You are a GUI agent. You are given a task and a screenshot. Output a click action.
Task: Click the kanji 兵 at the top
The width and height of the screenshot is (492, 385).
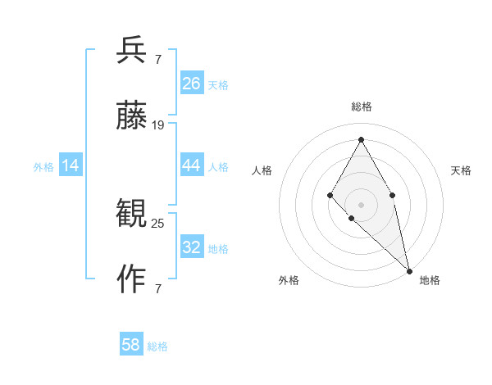tap(132, 51)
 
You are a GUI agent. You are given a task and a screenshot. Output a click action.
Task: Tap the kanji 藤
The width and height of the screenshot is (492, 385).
tap(132, 115)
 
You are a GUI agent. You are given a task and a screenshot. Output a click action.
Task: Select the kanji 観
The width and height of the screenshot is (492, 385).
tap(132, 215)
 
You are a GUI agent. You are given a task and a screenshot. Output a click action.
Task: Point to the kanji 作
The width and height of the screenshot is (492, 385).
tap(132, 279)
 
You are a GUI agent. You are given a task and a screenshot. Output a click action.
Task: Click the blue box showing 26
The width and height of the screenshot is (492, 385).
tap(192, 84)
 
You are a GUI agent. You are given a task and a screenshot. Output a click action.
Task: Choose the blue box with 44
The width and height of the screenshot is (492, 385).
tap(192, 165)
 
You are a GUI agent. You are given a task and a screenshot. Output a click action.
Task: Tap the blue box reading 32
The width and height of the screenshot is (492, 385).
tap(192, 247)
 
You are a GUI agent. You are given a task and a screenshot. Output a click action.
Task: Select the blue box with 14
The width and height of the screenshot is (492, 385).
tap(71, 165)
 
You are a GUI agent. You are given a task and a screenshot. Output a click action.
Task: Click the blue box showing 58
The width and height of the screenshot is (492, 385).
tap(131, 345)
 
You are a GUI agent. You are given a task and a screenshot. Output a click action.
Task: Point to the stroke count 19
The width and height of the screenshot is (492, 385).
tap(158, 125)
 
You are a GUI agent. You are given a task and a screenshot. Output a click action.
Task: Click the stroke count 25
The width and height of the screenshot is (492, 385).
tap(158, 223)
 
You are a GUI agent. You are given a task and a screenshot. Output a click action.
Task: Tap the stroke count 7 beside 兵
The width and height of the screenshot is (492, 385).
tap(157, 59)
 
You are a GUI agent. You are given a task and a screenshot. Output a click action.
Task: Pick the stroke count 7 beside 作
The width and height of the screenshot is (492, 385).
tap(157, 288)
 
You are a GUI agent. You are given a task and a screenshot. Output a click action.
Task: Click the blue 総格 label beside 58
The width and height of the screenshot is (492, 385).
tap(157, 346)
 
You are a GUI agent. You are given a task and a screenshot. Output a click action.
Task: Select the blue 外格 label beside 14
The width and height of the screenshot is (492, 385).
tap(43, 167)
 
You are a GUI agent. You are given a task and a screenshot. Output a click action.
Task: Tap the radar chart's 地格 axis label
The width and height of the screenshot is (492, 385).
tap(430, 280)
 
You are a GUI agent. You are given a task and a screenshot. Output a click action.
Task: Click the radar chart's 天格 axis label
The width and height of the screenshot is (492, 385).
tap(461, 170)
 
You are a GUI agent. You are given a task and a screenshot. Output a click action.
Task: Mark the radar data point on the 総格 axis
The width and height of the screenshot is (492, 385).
tap(361, 139)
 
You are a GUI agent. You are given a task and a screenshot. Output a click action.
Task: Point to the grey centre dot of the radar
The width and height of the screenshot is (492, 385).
tap(361, 204)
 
